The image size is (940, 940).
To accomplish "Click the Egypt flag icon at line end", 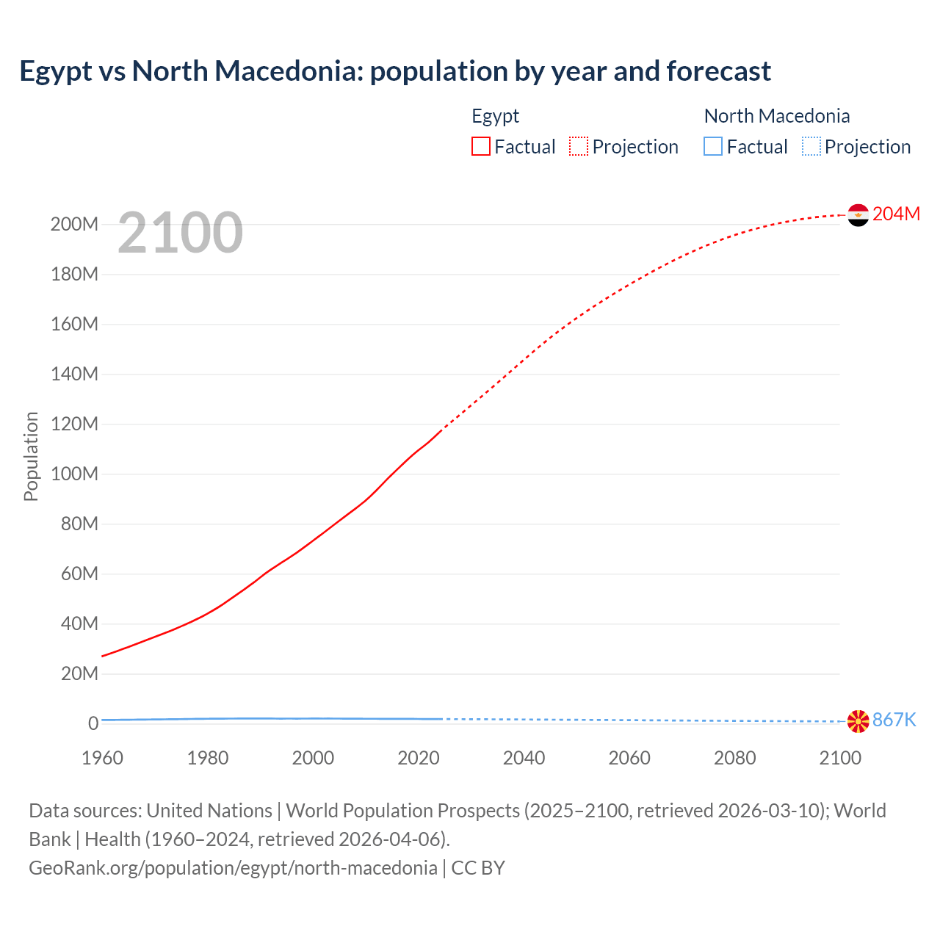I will click(858, 215).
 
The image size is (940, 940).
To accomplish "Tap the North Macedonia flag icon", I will click(858, 721).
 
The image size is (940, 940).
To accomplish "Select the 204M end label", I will click(896, 214).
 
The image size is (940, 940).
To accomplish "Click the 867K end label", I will click(894, 720).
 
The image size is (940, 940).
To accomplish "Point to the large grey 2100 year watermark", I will click(180, 233).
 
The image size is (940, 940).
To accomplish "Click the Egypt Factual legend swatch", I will click(480, 146).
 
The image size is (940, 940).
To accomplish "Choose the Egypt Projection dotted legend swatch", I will click(579, 146).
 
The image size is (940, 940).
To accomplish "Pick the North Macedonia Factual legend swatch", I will click(712, 146).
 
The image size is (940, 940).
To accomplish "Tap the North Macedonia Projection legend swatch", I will click(811, 146).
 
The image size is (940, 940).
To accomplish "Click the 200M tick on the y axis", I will click(74, 224).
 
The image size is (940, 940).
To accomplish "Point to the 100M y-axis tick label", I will click(74, 474).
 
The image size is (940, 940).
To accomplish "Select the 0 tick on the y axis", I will click(93, 723).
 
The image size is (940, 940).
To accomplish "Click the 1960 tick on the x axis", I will click(102, 758).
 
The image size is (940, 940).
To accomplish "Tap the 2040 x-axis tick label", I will click(524, 758).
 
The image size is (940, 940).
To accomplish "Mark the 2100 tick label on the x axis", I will click(840, 758).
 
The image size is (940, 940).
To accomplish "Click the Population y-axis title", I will click(31, 456).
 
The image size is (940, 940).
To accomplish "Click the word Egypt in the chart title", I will click(56, 71).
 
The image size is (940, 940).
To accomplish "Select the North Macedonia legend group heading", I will click(776, 116).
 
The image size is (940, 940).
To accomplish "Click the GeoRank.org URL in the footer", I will click(233, 868).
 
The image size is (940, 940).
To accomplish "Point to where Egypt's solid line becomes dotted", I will click(441, 430).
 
